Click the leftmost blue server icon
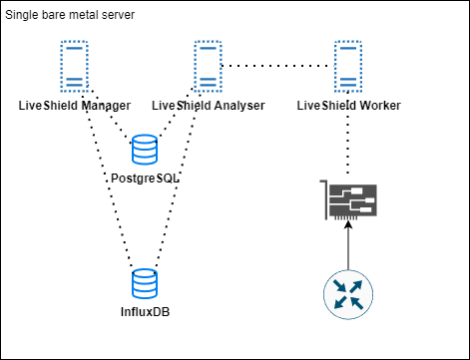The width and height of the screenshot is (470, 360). coord(74,66)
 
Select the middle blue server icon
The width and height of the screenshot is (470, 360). coord(208,66)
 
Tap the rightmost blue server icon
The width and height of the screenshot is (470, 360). coord(348,66)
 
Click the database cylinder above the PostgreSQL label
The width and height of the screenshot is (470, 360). coord(145,150)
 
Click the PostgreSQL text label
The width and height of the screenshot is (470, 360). coord(145,179)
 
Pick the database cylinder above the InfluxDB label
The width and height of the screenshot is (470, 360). coord(145,283)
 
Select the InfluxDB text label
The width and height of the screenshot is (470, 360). coord(145,312)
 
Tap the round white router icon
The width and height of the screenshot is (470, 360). coord(348,295)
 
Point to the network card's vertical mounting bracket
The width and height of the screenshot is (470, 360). coord(325,199)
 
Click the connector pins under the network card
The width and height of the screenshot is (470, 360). coord(345,217)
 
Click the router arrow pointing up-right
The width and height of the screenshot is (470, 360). coord(358,285)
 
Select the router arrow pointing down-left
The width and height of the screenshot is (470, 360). coord(339,304)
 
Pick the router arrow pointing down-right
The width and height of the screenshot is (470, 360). coord(358,304)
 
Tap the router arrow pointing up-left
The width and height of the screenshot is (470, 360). coord(339,285)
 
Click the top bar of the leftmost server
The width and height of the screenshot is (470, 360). coord(74,46)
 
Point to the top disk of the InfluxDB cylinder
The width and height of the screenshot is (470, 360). coord(145,273)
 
